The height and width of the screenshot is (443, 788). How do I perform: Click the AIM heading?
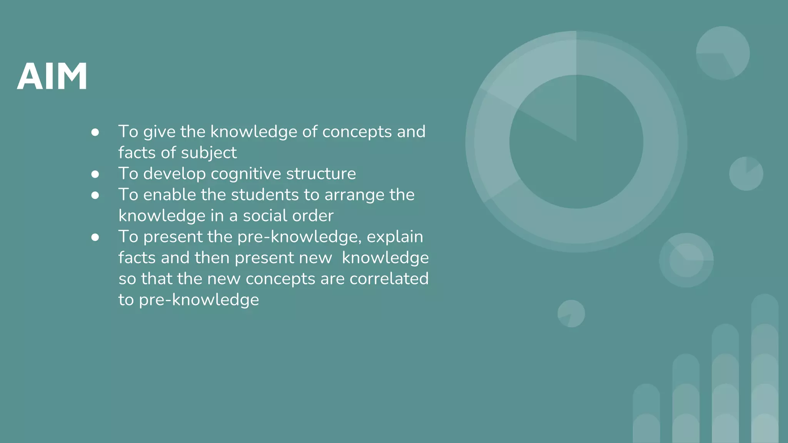pyautogui.click(x=52, y=76)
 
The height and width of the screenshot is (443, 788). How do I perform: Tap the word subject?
pyautogui.click(x=209, y=153)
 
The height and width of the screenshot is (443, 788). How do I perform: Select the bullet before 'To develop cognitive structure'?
pyautogui.click(x=95, y=174)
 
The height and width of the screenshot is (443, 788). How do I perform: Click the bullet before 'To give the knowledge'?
pyautogui.click(x=95, y=132)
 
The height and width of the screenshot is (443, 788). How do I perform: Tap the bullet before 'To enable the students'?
pyautogui.click(x=95, y=195)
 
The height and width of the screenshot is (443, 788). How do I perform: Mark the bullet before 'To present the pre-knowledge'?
pyautogui.click(x=95, y=237)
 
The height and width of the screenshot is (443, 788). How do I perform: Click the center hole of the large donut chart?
pyautogui.click(x=576, y=142)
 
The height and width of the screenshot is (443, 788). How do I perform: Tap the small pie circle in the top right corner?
pyautogui.click(x=723, y=53)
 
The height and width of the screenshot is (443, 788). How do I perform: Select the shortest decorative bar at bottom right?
pyautogui.click(x=646, y=413)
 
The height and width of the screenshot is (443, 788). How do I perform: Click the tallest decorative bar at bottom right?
pyautogui.click(x=765, y=369)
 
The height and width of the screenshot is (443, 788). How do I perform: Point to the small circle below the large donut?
pyautogui.click(x=571, y=313)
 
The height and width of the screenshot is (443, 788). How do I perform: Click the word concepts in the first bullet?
pyautogui.click(x=357, y=132)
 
